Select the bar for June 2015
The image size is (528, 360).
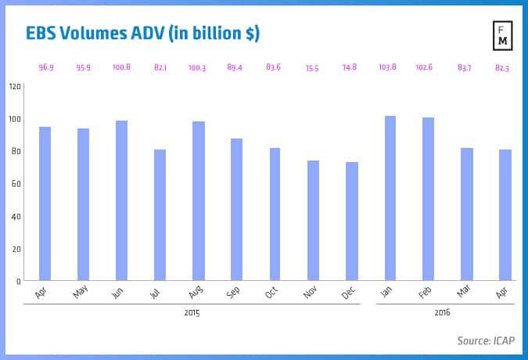coord(121,200)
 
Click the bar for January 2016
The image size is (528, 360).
coord(390,198)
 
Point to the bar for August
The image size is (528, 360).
coord(198,201)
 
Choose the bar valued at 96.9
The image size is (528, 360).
coord(45,203)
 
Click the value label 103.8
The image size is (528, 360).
coord(390,68)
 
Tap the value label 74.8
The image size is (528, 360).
coord(351,68)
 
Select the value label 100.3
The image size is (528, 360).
coord(198,68)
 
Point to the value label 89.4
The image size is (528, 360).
coord(236,68)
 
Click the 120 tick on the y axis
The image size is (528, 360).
coord(16,86)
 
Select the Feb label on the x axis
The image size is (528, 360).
coord(427,292)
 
